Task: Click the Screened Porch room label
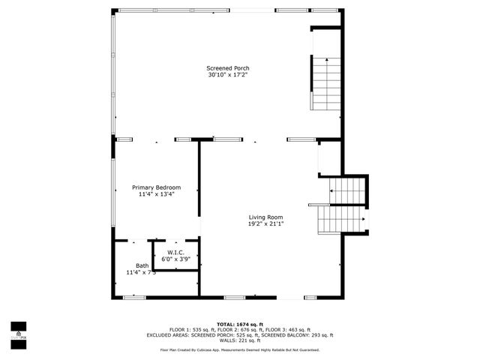tap(227, 68)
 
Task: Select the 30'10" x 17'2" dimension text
tap(227, 75)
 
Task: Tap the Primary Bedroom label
tap(156, 187)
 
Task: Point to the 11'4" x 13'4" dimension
tap(156, 194)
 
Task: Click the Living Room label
tap(266, 217)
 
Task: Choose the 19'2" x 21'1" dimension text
tap(266, 223)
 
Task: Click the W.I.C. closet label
tap(175, 253)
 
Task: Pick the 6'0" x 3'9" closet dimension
tap(175, 259)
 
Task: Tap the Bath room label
tap(142, 265)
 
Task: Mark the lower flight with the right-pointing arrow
tap(341, 219)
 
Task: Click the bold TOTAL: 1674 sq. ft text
tap(240, 324)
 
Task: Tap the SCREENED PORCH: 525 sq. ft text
tap(222, 335)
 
